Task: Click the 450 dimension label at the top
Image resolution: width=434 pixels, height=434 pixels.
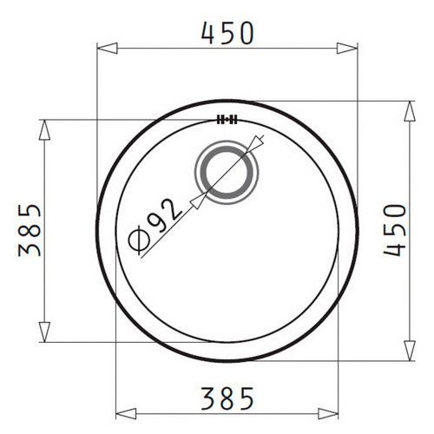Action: pyautogui.click(x=227, y=33)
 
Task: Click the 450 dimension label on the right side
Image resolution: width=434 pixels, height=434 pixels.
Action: pyautogui.click(x=395, y=230)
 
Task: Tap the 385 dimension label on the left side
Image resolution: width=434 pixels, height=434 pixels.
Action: pyautogui.click(x=30, y=230)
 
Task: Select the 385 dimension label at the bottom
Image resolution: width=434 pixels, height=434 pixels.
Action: pyautogui.click(x=227, y=398)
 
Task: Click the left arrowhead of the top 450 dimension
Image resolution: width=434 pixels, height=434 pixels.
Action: pyautogui.click(x=107, y=48)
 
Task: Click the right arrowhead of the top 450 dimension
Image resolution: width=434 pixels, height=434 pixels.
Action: pyautogui.click(x=347, y=48)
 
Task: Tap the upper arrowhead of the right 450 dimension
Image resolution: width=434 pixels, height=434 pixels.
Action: pyautogui.click(x=410, y=111)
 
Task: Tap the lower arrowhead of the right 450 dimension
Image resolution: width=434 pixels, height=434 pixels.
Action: pyautogui.click(x=410, y=351)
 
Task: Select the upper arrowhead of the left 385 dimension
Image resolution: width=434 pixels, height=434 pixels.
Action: pyautogui.click(x=44, y=130)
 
